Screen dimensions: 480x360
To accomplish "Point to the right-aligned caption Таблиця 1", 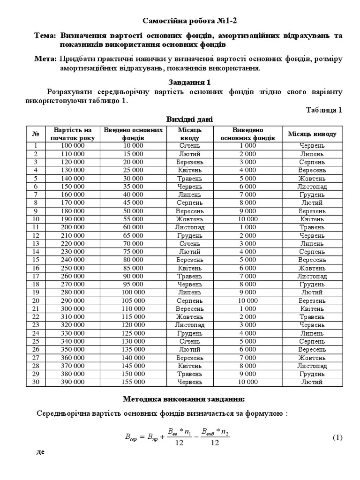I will pyautogui.click(x=324, y=110).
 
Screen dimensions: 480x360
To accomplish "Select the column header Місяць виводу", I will pyautogui.click(x=312, y=134).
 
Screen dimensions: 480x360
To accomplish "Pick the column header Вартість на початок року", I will pyautogui.click(x=73, y=134).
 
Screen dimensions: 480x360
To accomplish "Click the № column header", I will pyautogui.click(x=36, y=134).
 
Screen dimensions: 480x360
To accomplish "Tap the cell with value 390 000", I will pyautogui.click(x=73, y=382).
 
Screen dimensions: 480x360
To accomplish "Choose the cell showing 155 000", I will pyautogui.click(x=133, y=382).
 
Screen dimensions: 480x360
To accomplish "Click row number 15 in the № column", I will pyautogui.click(x=36, y=260).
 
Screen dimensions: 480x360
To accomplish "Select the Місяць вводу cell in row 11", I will pyautogui.click(x=189, y=227).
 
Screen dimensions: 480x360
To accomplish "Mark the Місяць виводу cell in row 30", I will pyautogui.click(x=312, y=382).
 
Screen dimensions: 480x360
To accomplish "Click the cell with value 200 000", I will pyautogui.click(x=73, y=227).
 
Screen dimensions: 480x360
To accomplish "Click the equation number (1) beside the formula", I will pyautogui.click(x=338, y=438).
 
